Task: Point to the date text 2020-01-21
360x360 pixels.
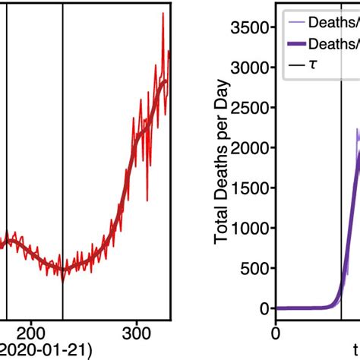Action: coord(45,351)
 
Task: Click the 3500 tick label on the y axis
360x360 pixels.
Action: coord(251,28)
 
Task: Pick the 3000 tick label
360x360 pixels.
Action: coord(251,68)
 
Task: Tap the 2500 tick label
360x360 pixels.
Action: coord(251,108)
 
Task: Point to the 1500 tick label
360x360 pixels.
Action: coord(251,188)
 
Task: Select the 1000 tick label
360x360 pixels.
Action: coord(251,228)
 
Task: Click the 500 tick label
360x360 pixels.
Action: coord(255,268)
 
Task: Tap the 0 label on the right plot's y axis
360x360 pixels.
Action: coord(264,308)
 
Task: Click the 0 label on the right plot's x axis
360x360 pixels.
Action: coord(276,332)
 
